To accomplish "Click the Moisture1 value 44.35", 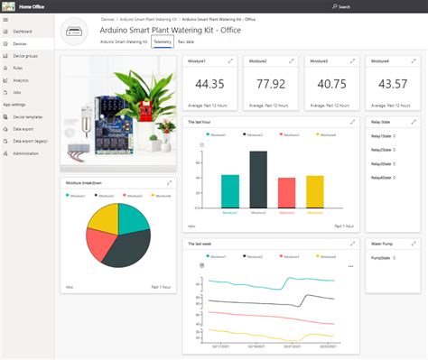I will pyautogui.click(x=209, y=85).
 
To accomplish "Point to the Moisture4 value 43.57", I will pyautogui.click(x=393, y=85).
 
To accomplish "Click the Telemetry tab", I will pyautogui.click(x=163, y=42).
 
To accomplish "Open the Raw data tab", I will pyautogui.click(x=189, y=42).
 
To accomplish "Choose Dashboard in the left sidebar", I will pyautogui.click(x=23, y=32).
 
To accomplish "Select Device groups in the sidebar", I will pyautogui.click(x=24, y=56).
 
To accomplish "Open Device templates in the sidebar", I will pyautogui.click(x=28, y=117).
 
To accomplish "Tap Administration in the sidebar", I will pyautogui.click(x=26, y=153).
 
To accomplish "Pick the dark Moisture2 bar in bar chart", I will pyautogui.click(x=258, y=179).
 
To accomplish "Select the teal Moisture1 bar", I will pyautogui.click(x=230, y=191).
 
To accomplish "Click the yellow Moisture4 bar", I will pyautogui.click(x=314, y=191).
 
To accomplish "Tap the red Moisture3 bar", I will pyautogui.click(x=286, y=192).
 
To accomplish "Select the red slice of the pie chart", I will pyautogui.click(x=98, y=240).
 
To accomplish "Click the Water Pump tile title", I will pyautogui.click(x=383, y=244).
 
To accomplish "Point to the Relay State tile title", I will pyautogui.click(x=382, y=121).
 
